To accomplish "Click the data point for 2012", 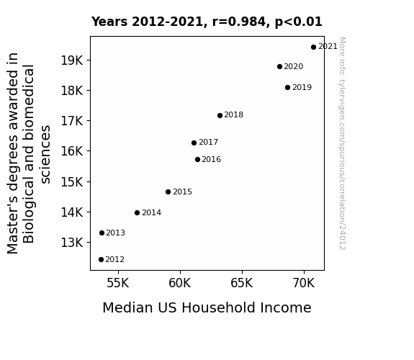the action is [101, 260].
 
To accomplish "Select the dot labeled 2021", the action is [313, 48].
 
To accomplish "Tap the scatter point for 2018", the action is [220, 115].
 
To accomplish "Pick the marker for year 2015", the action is [168, 192].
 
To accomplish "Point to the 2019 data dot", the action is [288, 87].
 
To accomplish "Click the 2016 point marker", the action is [197, 160].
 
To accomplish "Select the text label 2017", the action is [208, 143].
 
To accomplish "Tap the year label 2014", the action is [151, 212].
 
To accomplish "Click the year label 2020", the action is [294, 66].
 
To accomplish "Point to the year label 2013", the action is [116, 233].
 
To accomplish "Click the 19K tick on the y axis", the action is [72, 60].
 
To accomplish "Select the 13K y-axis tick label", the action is [72, 243].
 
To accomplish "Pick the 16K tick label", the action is [72, 151].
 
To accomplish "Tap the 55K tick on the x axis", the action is [118, 283].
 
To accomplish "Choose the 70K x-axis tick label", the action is [304, 283].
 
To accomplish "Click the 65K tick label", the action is [242, 283].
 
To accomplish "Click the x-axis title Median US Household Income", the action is [207, 308].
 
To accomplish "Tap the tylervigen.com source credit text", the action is [342, 143].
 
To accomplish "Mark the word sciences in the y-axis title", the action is [45, 155].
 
